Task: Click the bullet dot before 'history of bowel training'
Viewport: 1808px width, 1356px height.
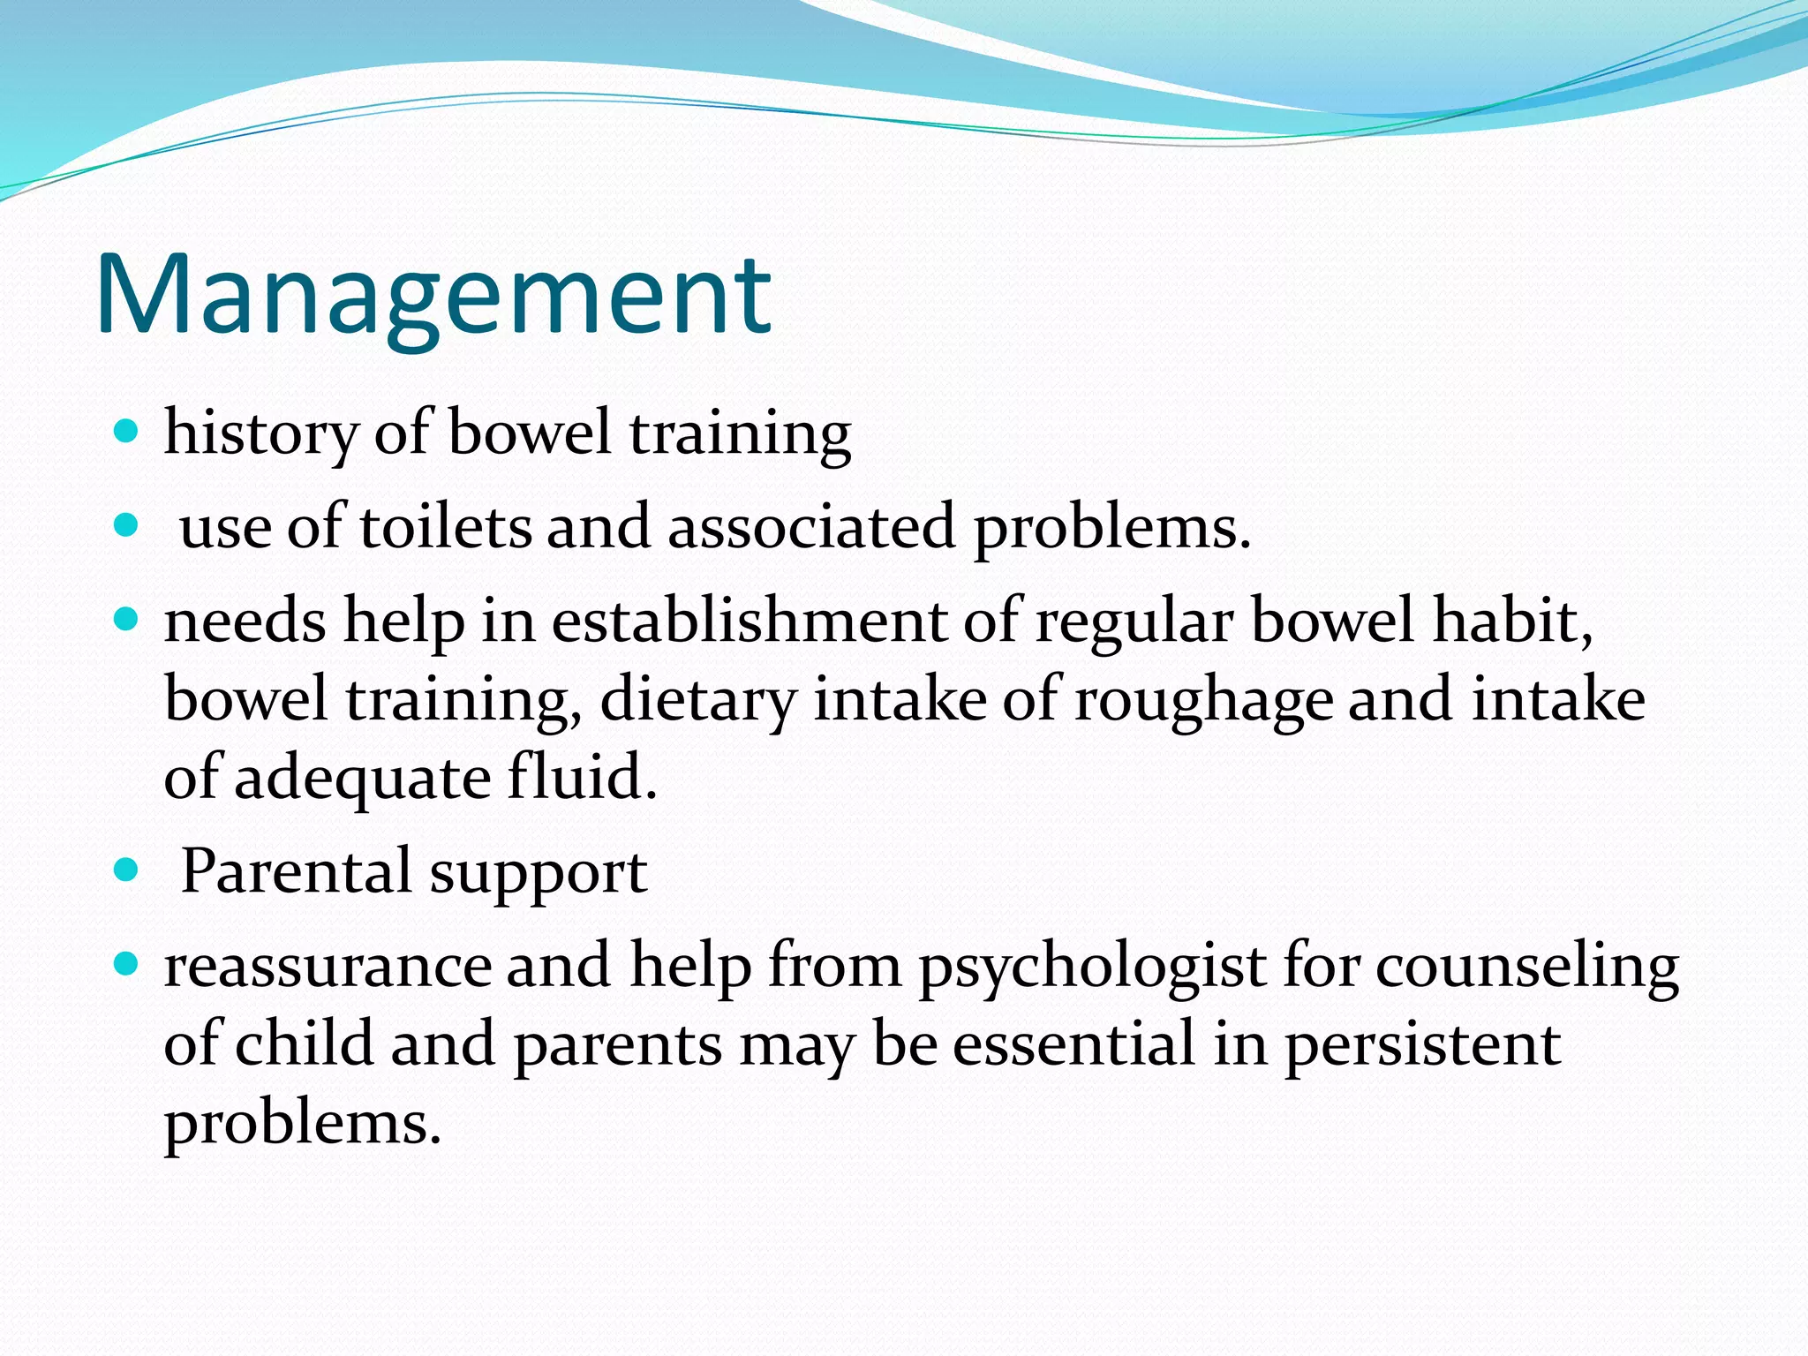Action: click(127, 432)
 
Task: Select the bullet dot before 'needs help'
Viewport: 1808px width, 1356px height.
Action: click(127, 620)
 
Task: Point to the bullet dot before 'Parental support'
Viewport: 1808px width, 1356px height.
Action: click(127, 871)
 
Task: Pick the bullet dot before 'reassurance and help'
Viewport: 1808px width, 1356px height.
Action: click(127, 965)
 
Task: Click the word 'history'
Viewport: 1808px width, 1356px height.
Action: click(260, 433)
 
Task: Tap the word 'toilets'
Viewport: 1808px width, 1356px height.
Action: click(445, 527)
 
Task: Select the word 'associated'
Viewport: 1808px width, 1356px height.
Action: click(811, 527)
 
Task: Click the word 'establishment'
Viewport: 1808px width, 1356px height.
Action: click(749, 621)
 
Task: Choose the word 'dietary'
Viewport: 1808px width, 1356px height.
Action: click(697, 700)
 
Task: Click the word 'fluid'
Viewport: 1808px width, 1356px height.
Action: click(580, 778)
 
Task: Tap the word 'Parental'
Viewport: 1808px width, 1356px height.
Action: click(296, 871)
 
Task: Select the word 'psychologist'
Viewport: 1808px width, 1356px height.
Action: click(1092, 967)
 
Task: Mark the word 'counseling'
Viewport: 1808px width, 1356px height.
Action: click(1526, 967)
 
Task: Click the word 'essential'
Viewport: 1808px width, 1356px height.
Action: click(1073, 1044)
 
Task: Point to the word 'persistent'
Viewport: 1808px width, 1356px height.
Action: click(1421, 1044)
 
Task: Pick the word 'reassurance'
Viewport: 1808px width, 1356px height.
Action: click(326, 967)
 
